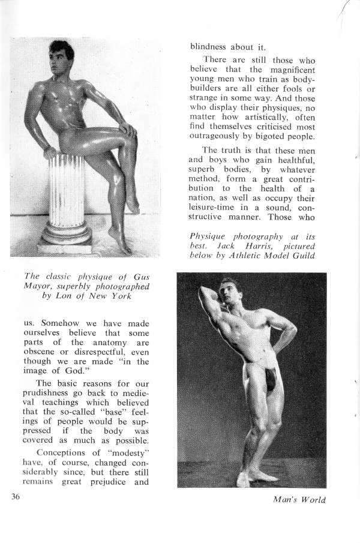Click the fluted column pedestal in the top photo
pos(63,198)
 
